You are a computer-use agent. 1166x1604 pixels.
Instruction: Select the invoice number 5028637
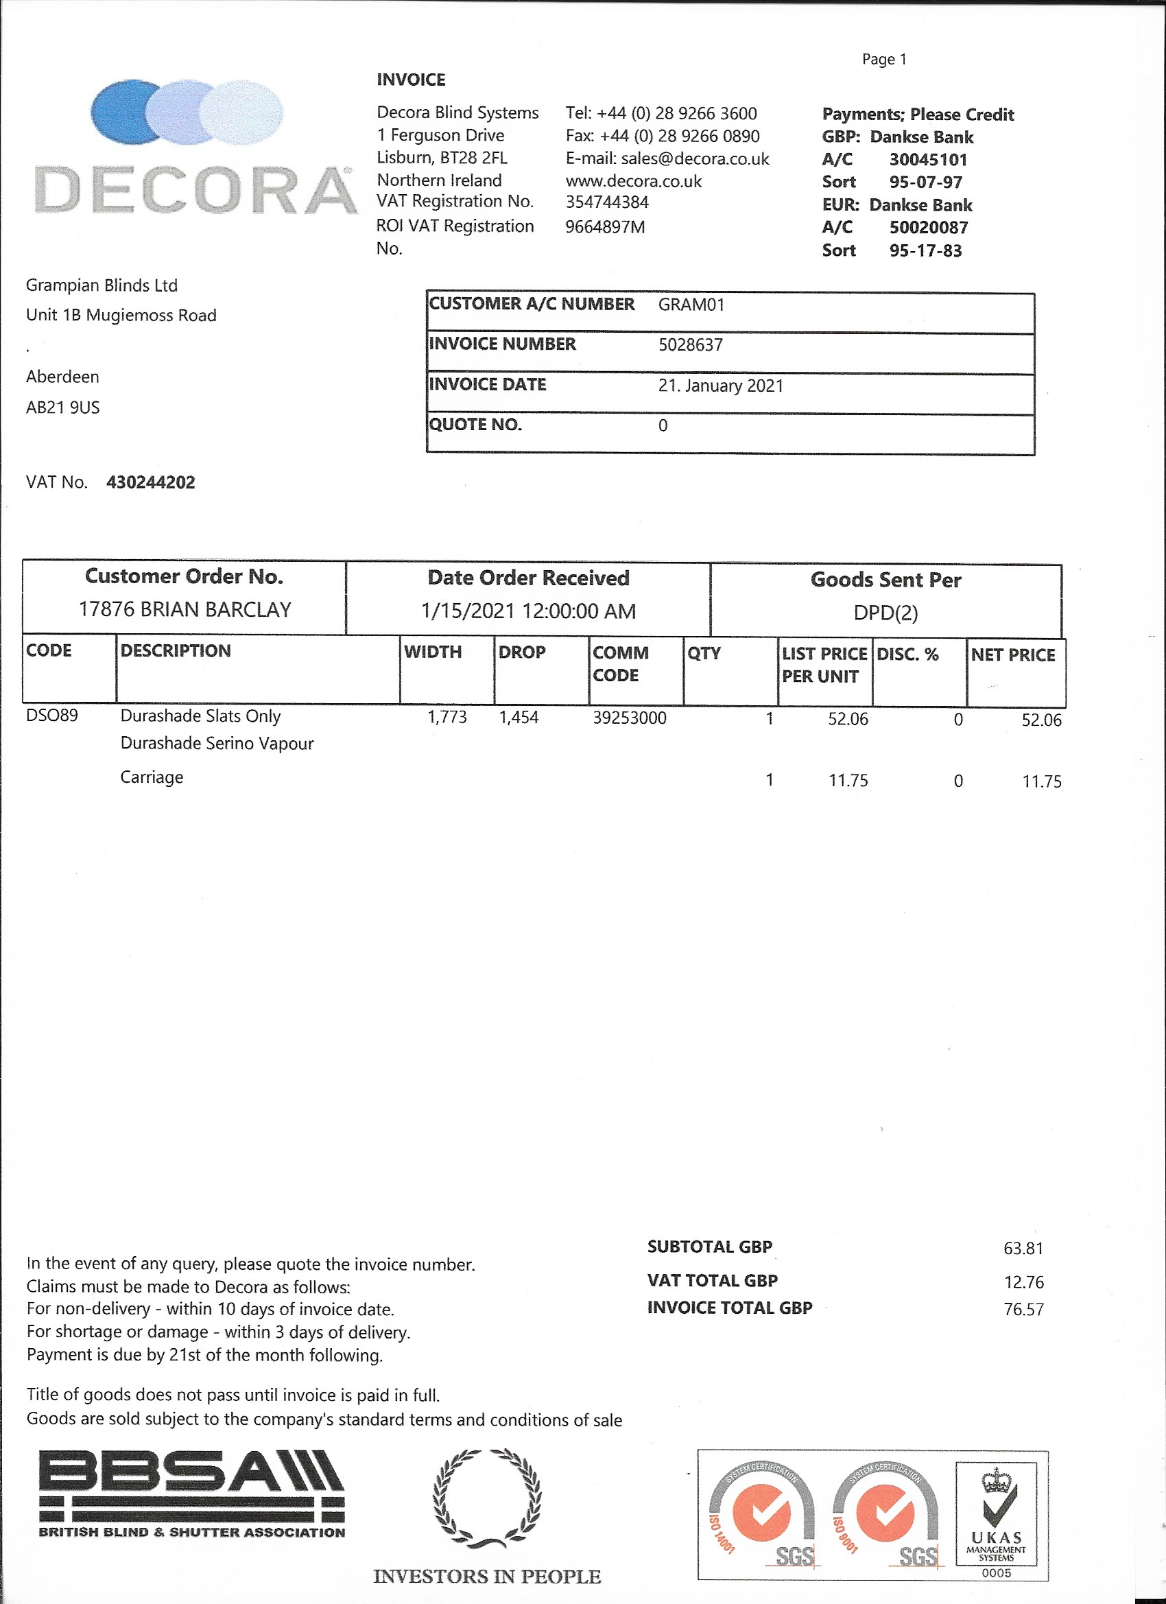click(690, 345)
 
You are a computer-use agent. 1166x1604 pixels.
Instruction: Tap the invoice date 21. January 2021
click(721, 386)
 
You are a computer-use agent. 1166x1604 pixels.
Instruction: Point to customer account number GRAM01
click(691, 305)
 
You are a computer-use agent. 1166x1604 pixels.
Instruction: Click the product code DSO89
click(51, 715)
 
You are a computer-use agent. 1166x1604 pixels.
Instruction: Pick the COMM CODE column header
click(620, 663)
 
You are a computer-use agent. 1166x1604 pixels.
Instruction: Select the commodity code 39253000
click(630, 718)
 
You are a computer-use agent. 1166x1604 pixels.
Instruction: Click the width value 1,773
click(447, 717)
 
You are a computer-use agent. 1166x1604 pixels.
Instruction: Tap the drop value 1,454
click(519, 717)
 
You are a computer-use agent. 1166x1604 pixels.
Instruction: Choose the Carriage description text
click(152, 777)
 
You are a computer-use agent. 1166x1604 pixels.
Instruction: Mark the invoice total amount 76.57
click(1023, 1309)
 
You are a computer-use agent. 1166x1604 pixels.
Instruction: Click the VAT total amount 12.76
click(1023, 1282)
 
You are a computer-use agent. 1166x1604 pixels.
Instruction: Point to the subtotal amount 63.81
click(1023, 1248)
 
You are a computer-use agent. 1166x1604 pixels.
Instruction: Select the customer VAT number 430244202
click(151, 482)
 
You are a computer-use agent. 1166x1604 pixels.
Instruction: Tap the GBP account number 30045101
click(928, 160)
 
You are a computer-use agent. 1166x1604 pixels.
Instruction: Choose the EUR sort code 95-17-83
click(925, 250)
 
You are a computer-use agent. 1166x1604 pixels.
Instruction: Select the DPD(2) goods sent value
click(885, 613)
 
